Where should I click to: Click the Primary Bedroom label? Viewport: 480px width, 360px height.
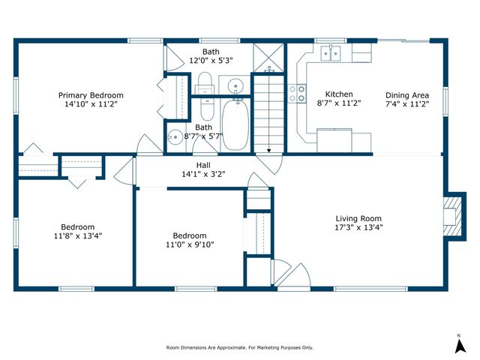pyautogui.click(x=91, y=95)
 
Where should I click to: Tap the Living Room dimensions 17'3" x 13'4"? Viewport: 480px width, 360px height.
pyautogui.click(x=358, y=227)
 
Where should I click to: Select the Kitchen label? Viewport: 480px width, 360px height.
pyautogui.click(x=339, y=94)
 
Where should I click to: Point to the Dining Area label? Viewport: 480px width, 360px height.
pyautogui.click(x=407, y=95)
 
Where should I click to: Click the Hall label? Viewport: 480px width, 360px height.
pyautogui.click(x=203, y=165)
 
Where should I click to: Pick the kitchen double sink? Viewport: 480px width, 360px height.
pyautogui.click(x=331, y=53)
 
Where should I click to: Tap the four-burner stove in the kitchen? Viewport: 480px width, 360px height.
pyautogui.click(x=297, y=93)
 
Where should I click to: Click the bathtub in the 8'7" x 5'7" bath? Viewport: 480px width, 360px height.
pyautogui.click(x=235, y=125)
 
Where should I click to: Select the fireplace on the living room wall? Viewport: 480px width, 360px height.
pyautogui.click(x=455, y=217)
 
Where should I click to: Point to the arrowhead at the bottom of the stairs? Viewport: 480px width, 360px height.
pyautogui.click(x=268, y=151)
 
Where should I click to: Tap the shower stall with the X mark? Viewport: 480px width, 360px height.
pyautogui.click(x=268, y=58)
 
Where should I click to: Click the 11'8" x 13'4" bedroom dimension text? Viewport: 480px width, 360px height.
pyautogui.click(x=78, y=236)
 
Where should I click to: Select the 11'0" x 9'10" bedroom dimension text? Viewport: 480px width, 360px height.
pyautogui.click(x=190, y=244)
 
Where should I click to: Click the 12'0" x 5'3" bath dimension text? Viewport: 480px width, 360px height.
pyautogui.click(x=211, y=60)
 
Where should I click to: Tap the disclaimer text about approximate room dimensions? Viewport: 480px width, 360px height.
pyautogui.click(x=240, y=348)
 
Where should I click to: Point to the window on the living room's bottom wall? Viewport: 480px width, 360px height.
pyautogui.click(x=370, y=289)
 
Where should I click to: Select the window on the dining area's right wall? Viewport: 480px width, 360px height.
pyautogui.click(x=445, y=102)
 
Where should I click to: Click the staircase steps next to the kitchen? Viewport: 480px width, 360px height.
pyautogui.click(x=268, y=114)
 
